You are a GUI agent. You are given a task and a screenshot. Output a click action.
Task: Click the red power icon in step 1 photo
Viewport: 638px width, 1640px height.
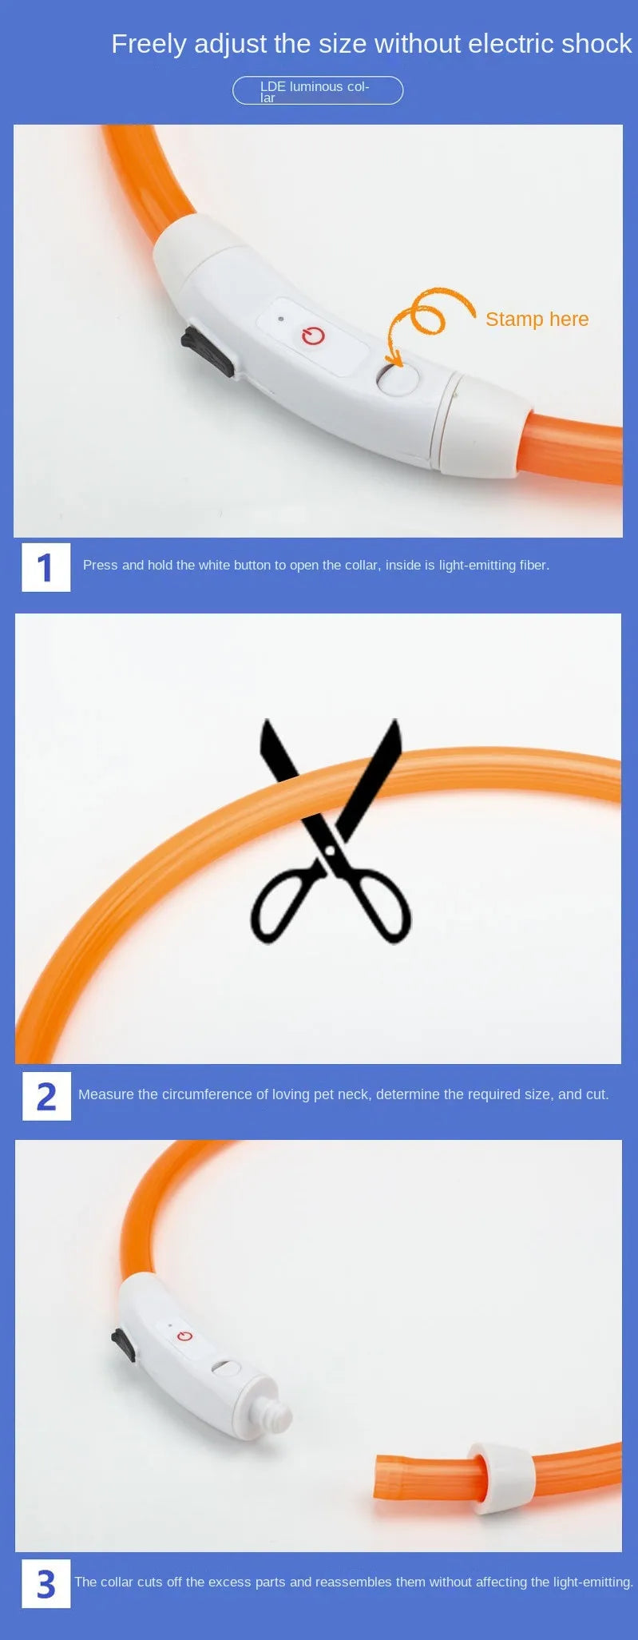click(313, 336)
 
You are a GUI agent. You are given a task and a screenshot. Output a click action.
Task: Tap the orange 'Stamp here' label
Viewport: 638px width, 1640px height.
click(537, 319)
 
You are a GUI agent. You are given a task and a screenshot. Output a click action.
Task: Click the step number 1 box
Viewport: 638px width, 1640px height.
click(46, 567)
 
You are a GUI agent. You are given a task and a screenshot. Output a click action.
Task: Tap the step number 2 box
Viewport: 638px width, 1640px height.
click(46, 1096)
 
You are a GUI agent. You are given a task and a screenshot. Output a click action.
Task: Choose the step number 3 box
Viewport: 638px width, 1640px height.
click(46, 1583)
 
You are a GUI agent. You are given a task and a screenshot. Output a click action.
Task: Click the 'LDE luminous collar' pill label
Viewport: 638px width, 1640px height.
click(318, 90)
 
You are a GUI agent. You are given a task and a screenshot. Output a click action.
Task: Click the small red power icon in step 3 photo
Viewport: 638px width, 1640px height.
click(185, 1336)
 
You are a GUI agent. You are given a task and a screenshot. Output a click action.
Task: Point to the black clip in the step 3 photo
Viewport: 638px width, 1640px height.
click(123, 1345)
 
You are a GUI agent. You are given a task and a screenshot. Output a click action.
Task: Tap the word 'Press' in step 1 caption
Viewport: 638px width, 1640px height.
click(100, 565)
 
